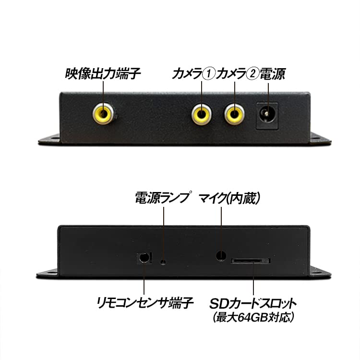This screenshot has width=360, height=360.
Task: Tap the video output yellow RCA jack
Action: [104, 114]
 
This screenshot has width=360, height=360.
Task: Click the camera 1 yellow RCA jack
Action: [202, 114]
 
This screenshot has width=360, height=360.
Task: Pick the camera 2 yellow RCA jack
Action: [235, 114]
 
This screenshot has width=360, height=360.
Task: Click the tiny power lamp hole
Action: [163, 262]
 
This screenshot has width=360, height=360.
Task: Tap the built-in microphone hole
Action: [221, 255]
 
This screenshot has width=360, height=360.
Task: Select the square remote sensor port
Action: [144, 257]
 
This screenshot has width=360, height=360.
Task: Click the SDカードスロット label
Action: [252, 304]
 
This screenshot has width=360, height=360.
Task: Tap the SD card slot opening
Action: [251, 261]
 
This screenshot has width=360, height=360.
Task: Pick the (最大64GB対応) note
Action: [253, 317]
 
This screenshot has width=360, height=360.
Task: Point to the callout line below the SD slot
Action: [253, 280]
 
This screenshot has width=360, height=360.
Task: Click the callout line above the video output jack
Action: [104, 91]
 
